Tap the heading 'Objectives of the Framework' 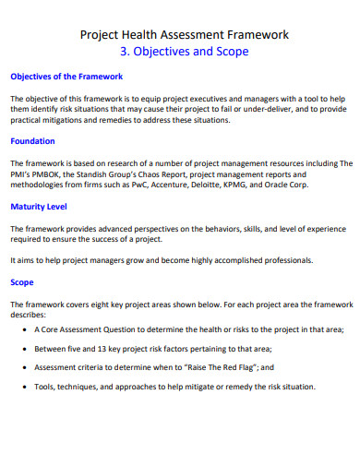tap(66, 77)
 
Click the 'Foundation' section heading tap(33, 141)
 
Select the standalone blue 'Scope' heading tap(22, 282)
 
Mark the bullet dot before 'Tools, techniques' tap(22, 386)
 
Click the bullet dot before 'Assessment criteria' tap(22, 367)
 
